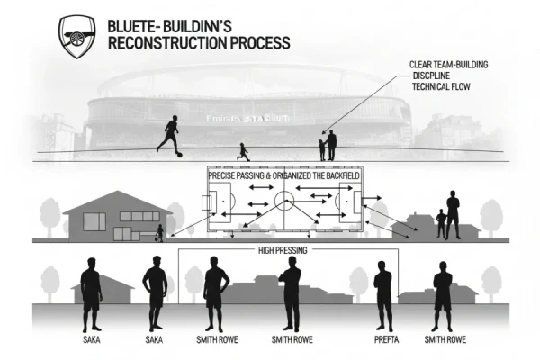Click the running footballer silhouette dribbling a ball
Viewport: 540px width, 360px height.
coord(169,137)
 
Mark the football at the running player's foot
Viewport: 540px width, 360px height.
coord(179,154)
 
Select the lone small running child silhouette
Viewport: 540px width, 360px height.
coord(242,151)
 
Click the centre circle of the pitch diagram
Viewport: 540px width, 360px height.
coord(284,200)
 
